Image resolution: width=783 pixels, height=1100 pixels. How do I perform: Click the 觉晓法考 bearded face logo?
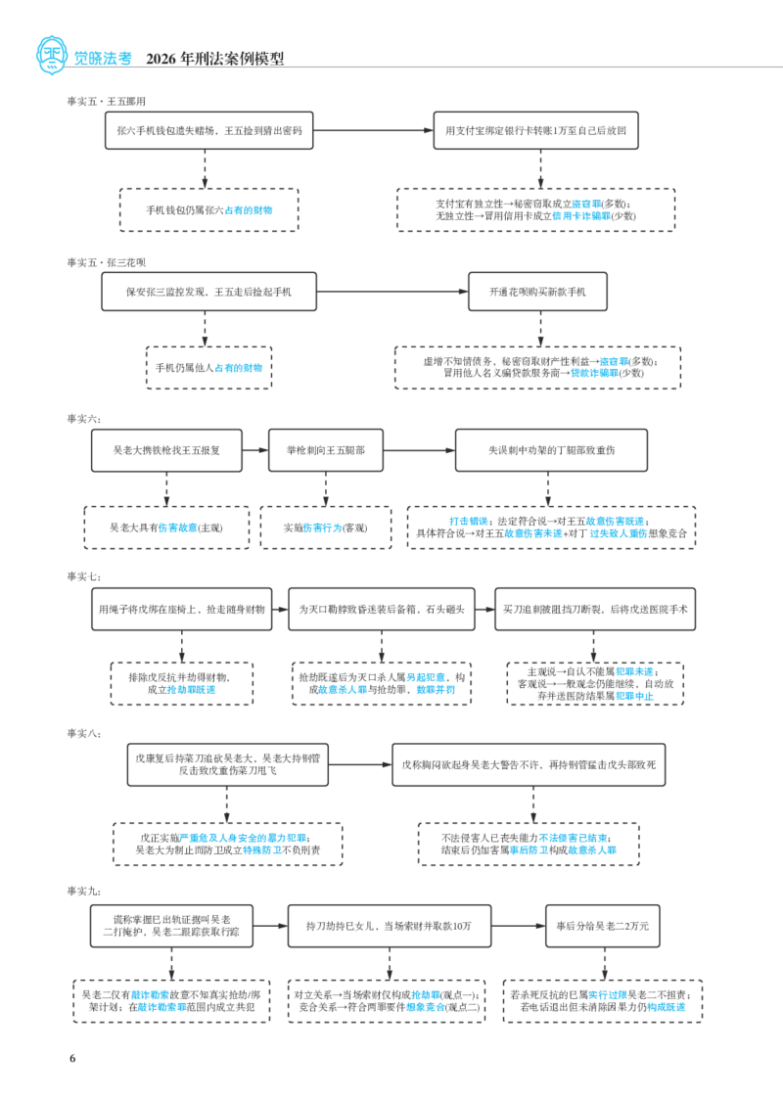(x=51, y=56)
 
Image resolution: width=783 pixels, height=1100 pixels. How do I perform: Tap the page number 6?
(x=72, y=1058)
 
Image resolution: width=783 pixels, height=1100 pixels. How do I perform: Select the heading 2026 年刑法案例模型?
(x=214, y=59)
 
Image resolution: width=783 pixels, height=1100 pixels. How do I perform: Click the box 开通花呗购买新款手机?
(x=537, y=292)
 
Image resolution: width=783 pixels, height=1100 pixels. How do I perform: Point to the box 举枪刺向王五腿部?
(x=326, y=450)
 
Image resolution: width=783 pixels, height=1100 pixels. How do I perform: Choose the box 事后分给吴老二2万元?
(x=603, y=926)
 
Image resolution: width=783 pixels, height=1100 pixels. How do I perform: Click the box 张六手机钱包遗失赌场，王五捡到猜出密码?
(x=209, y=130)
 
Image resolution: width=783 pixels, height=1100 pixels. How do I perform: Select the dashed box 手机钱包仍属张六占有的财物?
(x=209, y=209)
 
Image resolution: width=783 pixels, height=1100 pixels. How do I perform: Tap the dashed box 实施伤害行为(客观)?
(x=326, y=527)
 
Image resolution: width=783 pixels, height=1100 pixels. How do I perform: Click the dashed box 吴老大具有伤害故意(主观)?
(x=166, y=527)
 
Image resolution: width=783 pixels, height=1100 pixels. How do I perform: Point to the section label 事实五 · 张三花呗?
(x=107, y=262)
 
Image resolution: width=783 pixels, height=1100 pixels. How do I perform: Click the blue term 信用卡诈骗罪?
(x=581, y=216)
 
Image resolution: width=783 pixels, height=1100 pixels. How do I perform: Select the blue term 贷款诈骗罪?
(x=594, y=373)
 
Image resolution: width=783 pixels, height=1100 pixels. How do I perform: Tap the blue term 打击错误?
(x=468, y=522)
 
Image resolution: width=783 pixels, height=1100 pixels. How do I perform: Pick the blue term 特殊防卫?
(x=262, y=849)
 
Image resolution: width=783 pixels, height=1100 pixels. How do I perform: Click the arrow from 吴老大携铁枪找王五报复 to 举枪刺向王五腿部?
(x=255, y=450)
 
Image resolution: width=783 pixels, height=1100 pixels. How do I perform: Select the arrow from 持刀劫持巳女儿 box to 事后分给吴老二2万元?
(x=519, y=926)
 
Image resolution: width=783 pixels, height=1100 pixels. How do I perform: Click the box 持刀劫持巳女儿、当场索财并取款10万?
(x=390, y=926)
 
